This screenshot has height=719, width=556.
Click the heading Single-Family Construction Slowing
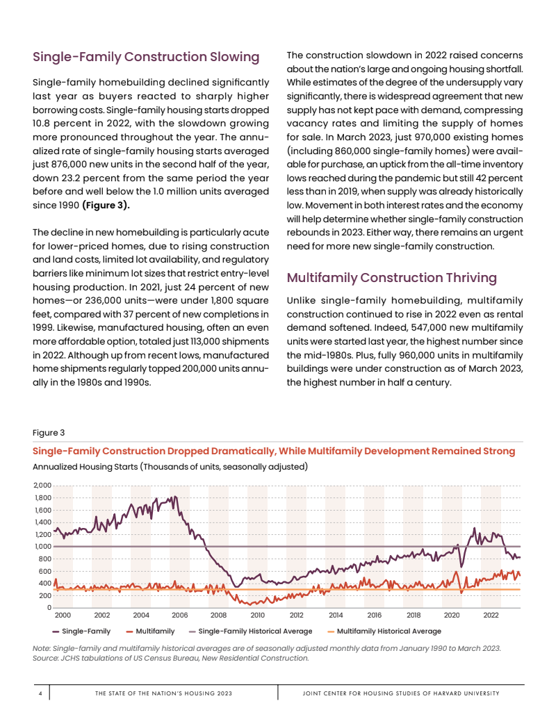click(146, 56)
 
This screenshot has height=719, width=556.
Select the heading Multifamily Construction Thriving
click(392, 278)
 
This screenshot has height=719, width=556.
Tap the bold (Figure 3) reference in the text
click(106, 206)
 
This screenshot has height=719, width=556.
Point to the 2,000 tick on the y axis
click(42, 486)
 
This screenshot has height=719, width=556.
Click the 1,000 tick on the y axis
click(42, 547)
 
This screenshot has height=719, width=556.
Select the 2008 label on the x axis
click(218, 615)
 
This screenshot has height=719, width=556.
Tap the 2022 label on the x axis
click(491, 615)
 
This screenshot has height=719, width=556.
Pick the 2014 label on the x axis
click(336, 615)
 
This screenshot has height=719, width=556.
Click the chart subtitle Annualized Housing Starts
click(170, 466)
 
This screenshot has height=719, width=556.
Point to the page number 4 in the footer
click(41, 693)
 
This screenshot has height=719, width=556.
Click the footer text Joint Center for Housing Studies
click(402, 693)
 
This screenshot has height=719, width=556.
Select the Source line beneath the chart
click(171, 658)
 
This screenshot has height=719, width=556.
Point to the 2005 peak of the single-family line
click(174, 497)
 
